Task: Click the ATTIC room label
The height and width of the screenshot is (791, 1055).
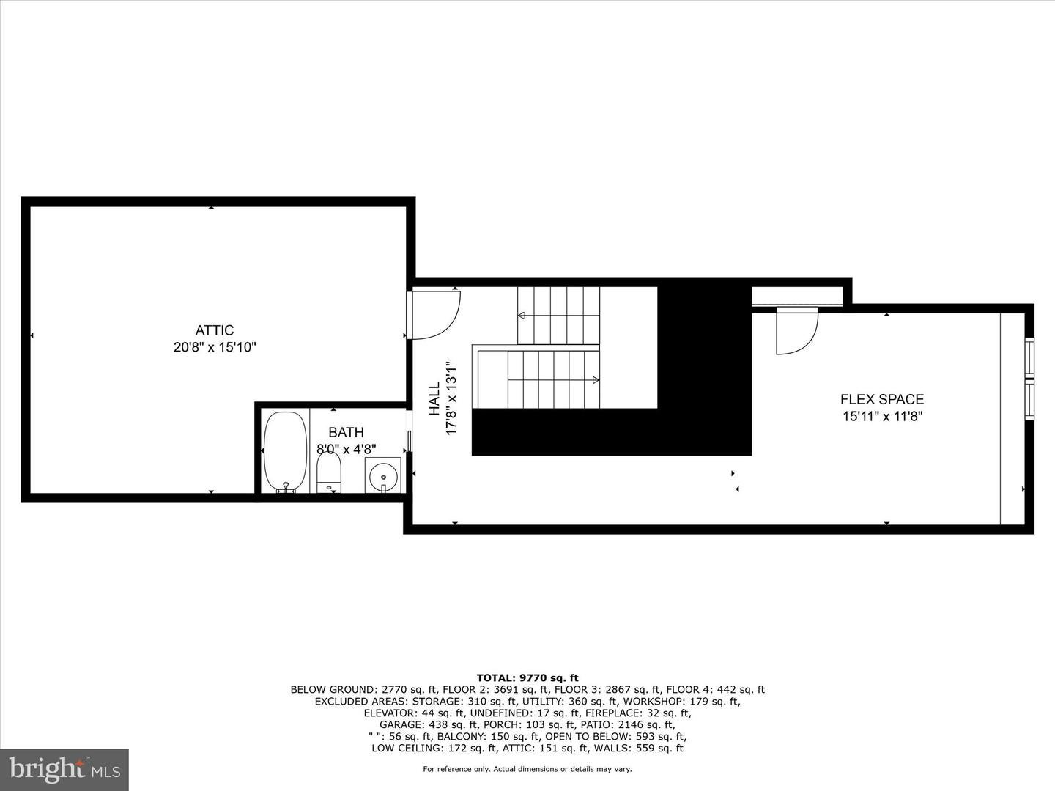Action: [214, 330]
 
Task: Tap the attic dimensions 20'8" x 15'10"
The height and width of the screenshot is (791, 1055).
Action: [214, 347]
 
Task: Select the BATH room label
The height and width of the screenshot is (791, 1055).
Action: [346, 432]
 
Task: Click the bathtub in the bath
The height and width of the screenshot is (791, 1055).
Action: [285, 452]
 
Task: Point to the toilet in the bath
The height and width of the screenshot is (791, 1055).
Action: [329, 474]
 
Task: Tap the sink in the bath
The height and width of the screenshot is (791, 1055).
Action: [383, 476]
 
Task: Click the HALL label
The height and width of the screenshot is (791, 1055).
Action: [434, 398]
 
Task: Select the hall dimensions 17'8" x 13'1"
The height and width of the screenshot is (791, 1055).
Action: [451, 398]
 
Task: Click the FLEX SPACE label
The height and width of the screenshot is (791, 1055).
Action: [881, 399]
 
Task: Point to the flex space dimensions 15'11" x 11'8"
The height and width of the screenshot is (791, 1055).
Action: [881, 417]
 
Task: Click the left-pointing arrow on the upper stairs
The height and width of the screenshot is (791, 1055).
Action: [522, 316]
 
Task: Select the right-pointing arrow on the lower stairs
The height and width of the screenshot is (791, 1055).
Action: [596, 379]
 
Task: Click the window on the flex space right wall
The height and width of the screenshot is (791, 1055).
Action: [1029, 379]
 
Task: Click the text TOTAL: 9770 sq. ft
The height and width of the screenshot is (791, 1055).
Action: [527, 678]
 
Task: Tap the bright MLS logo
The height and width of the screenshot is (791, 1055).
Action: [64, 769]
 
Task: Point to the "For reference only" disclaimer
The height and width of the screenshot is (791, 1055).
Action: [527, 769]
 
